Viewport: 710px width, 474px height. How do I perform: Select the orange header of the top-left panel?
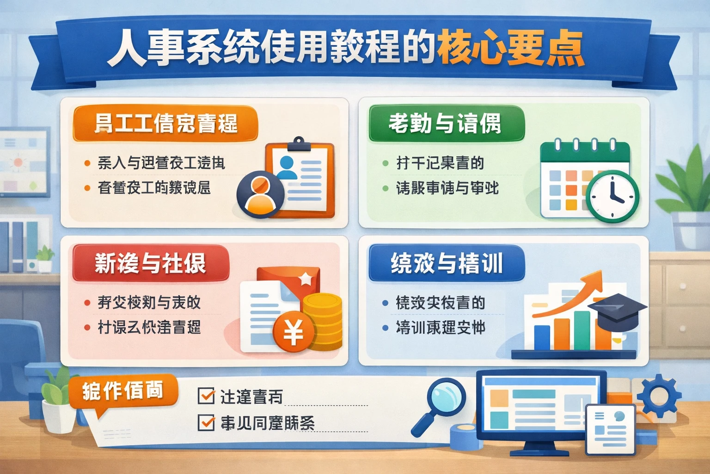tap(165, 124)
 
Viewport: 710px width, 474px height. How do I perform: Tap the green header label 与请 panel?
tap(446, 124)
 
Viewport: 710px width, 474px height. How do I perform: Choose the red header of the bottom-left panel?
tap(151, 263)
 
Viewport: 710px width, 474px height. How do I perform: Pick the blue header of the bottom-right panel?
tap(447, 263)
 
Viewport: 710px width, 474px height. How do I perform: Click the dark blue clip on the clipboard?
tap(299, 145)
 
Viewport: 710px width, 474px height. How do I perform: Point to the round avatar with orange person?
tap(260, 194)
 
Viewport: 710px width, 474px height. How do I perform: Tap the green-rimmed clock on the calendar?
tap(612, 196)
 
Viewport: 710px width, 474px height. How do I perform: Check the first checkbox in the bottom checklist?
tap(206, 396)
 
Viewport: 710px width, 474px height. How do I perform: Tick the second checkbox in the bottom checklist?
tap(206, 422)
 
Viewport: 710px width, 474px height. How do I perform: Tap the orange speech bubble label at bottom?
tap(123, 392)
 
